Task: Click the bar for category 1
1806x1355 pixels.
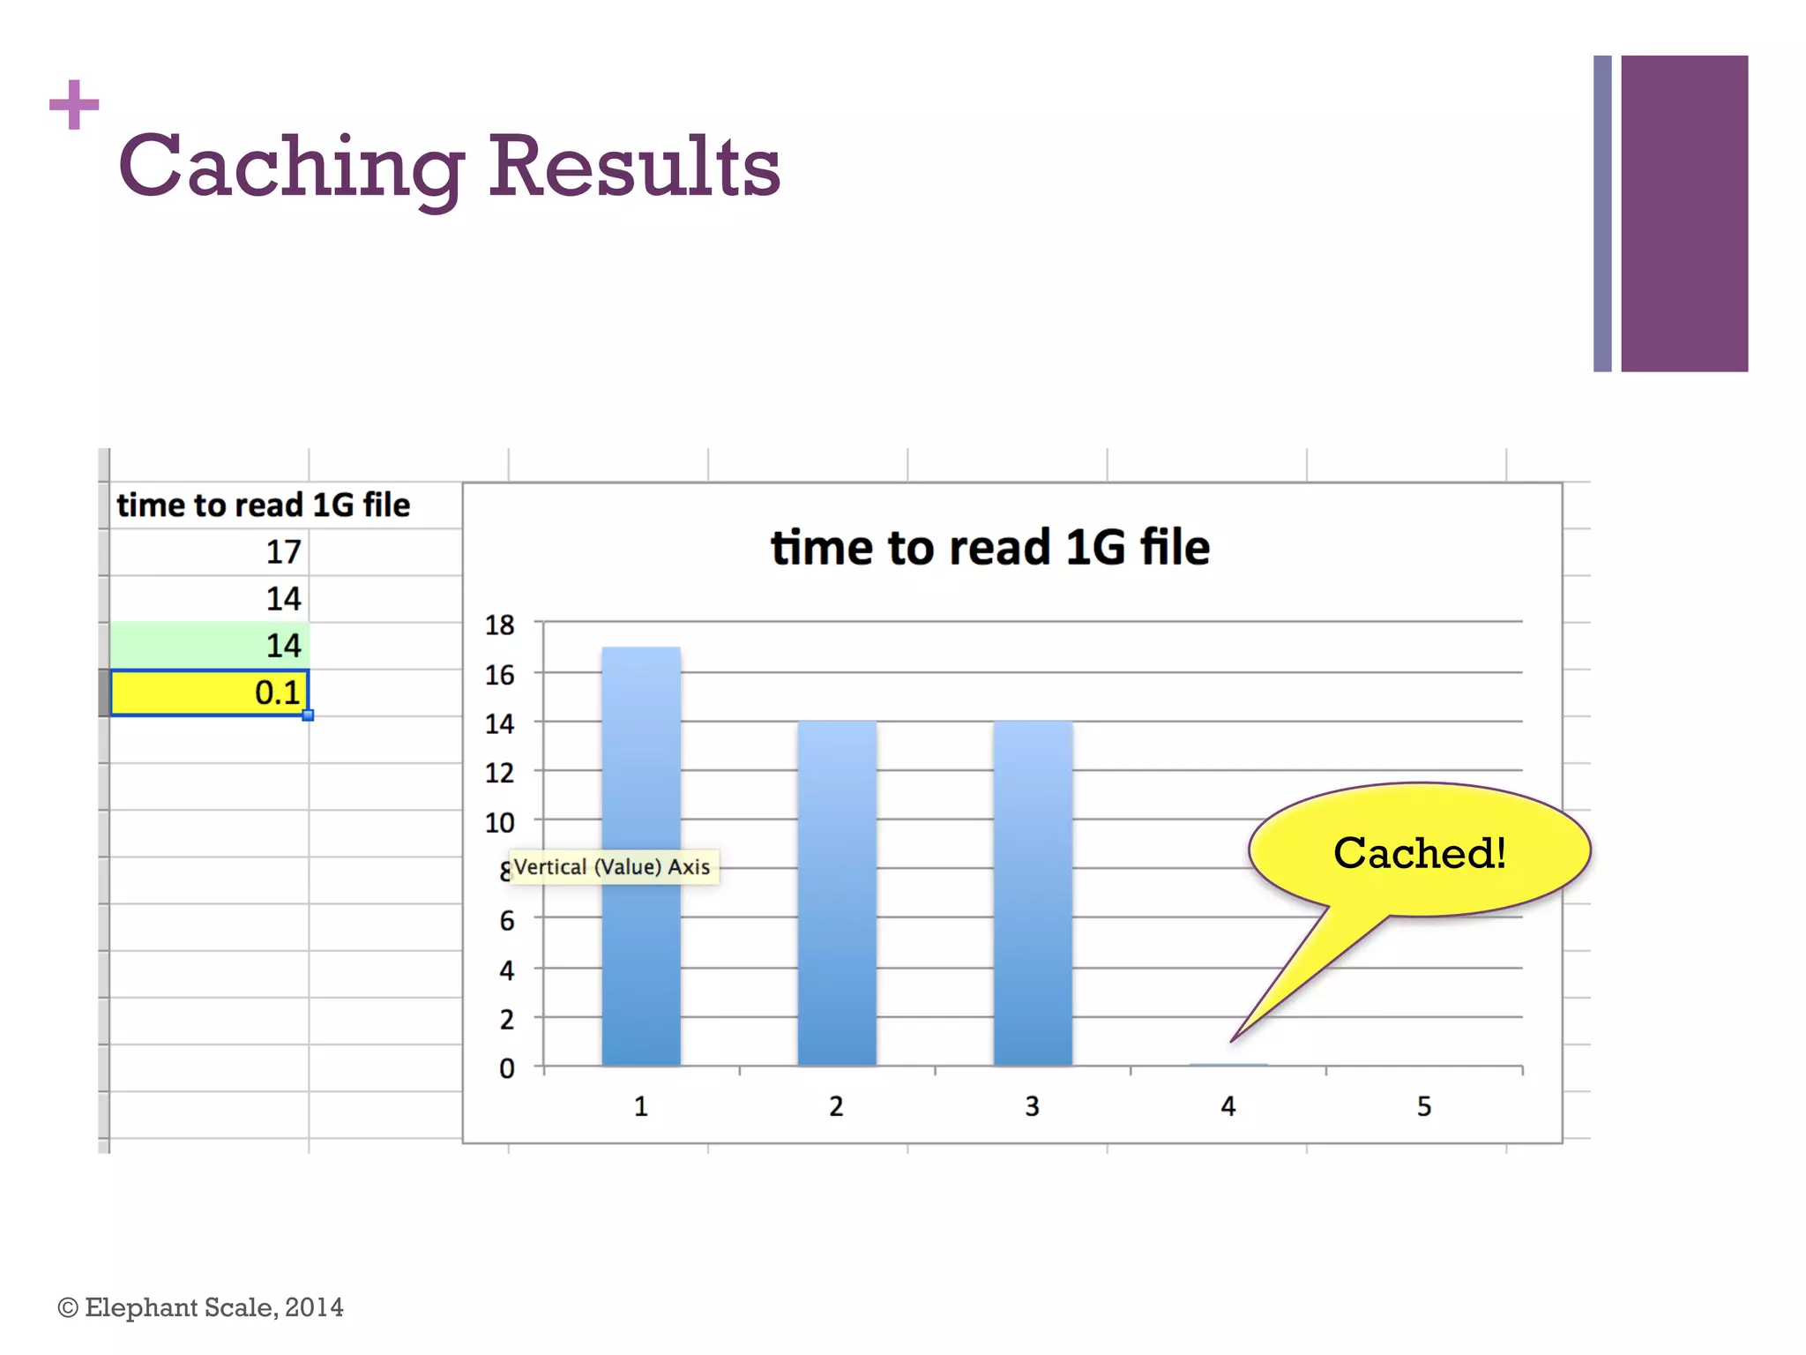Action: point(641,856)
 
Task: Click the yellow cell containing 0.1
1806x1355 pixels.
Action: point(210,692)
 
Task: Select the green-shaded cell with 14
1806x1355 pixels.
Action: point(210,646)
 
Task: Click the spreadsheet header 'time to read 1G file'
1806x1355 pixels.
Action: point(263,505)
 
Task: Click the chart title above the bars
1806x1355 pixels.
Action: point(989,547)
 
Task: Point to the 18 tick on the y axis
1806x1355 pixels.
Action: point(500,625)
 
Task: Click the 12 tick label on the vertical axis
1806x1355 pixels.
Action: point(500,774)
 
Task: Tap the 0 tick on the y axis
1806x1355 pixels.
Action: point(506,1069)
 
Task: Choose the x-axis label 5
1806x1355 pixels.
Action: point(1424,1106)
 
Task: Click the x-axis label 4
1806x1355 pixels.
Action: point(1228,1106)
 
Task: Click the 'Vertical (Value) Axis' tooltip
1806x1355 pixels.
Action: point(612,867)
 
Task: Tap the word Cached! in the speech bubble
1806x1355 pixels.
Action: point(1420,853)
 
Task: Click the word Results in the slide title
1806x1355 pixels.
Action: point(634,166)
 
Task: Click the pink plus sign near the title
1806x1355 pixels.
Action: point(74,105)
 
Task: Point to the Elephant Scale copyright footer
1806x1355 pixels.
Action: point(200,1307)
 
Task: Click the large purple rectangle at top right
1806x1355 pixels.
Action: point(1684,213)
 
